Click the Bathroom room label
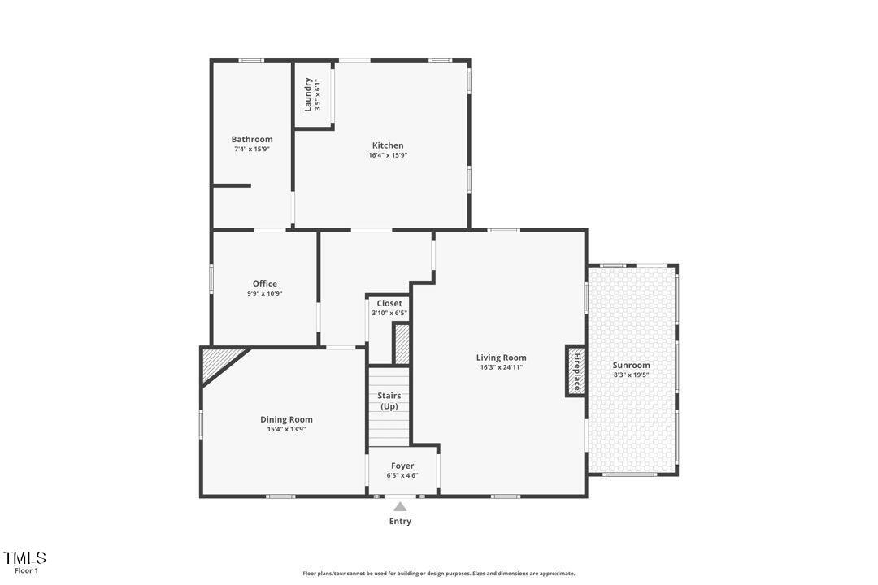252,139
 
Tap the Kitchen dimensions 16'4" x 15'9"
388,155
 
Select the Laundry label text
308,94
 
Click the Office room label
264,284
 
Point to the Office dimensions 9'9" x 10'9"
264,294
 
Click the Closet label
389,303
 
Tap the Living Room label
501,357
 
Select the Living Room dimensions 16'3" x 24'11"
501,367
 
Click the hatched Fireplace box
576,371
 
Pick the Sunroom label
631,366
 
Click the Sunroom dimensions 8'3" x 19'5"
631,375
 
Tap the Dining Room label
286,419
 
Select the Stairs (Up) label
389,401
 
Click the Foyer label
402,466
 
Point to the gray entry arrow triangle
400,506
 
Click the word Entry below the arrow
400,522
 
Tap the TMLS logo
24,558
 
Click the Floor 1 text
26,571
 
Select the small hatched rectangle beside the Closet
402,343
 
